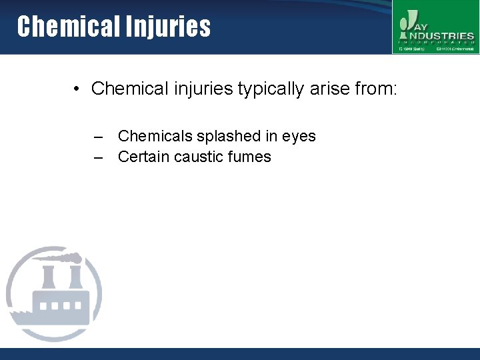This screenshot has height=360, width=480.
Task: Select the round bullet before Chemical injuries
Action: point(78,89)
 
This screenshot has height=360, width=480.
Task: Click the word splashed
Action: point(229,137)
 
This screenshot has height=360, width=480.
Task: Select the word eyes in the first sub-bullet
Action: point(299,137)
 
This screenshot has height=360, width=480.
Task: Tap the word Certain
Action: point(143,157)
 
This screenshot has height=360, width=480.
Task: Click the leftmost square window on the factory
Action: point(45,306)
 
